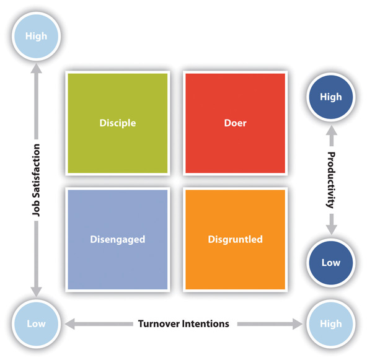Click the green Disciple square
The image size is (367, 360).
(x=118, y=123)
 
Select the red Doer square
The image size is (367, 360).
(x=235, y=123)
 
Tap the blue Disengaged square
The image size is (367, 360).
(x=118, y=240)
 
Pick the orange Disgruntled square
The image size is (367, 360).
(x=235, y=240)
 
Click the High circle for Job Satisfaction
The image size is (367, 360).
(x=37, y=37)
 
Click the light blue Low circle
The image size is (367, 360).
(x=37, y=324)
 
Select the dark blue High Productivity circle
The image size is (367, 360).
(x=331, y=97)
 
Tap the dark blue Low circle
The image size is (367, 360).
(x=331, y=263)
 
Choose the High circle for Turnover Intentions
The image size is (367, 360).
(x=331, y=324)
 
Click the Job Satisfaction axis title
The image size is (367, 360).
(x=37, y=180)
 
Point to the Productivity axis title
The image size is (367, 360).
(x=332, y=180)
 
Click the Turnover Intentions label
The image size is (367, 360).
(x=183, y=324)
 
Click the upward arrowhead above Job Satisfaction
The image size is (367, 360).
(x=37, y=69)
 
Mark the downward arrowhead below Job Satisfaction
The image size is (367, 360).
(x=37, y=292)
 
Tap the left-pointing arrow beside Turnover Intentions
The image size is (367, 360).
(x=99, y=324)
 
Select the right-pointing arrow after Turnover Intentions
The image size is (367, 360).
(x=270, y=324)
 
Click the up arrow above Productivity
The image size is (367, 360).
(x=332, y=136)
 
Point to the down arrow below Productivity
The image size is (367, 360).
(x=332, y=224)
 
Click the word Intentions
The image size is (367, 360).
(x=206, y=324)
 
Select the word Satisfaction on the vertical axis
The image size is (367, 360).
(x=37, y=172)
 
